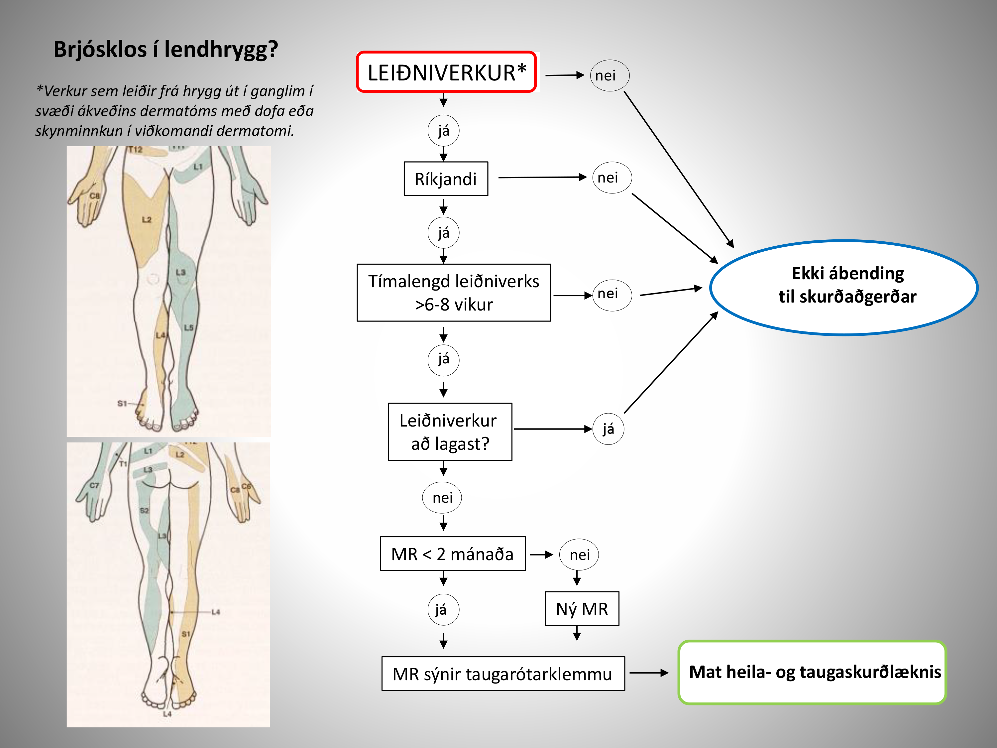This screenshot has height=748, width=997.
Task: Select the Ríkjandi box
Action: (x=446, y=179)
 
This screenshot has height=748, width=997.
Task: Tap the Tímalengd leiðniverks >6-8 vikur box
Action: (x=453, y=293)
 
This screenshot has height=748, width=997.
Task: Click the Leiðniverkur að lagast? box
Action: (x=450, y=432)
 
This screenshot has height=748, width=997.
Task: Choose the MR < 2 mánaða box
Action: (x=453, y=554)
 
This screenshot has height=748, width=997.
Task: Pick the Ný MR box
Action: (x=582, y=609)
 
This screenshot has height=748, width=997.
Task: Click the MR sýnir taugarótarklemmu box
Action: (x=502, y=674)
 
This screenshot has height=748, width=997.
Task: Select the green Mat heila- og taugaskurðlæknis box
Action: (x=812, y=672)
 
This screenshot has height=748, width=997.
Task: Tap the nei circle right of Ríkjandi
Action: (x=611, y=178)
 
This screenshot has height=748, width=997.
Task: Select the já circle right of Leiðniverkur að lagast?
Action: (x=608, y=429)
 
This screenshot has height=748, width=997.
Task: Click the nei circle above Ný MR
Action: (x=579, y=555)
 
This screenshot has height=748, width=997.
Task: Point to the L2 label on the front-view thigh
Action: (x=147, y=219)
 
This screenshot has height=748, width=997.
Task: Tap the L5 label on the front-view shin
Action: (x=188, y=327)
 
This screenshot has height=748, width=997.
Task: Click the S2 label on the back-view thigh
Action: (x=144, y=510)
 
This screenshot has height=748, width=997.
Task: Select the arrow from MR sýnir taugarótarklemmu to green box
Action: (x=649, y=673)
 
